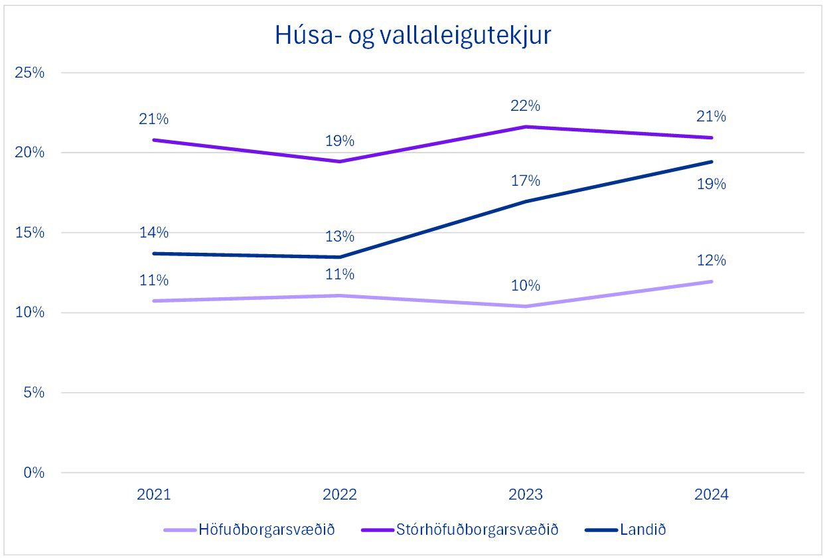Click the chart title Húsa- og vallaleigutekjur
(413, 36)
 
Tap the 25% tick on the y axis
(29, 72)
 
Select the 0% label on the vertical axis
(33, 473)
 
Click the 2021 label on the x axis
(153, 495)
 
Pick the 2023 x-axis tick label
(525, 495)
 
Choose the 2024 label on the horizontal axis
(711, 495)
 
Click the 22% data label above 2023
(526, 105)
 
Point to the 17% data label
(526, 180)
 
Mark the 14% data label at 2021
(153, 233)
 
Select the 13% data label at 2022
(340, 237)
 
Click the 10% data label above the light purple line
(526, 286)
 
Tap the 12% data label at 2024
(712, 261)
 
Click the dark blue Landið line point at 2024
(712, 161)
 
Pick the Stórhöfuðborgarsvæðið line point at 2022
(340, 161)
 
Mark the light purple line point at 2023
(526, 306)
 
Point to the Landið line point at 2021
(154, 253)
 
